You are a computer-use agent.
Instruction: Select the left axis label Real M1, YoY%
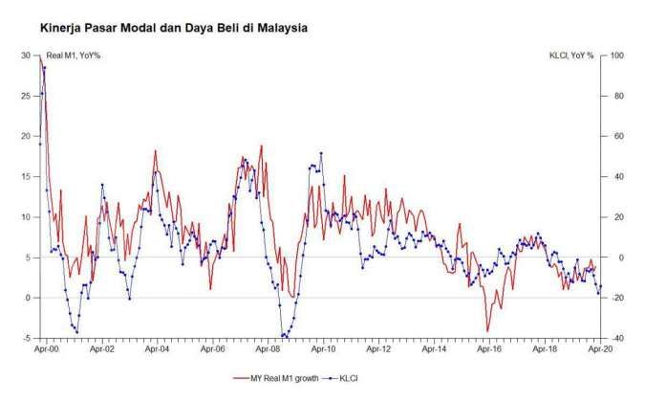pos(74,56)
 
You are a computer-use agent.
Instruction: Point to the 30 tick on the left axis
pos(25,56)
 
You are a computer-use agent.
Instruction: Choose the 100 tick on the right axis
pos(616,56)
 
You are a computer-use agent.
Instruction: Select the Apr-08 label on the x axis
pos(268,350)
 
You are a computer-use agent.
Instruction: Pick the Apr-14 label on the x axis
pos(434,350)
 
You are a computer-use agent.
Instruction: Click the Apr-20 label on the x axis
pos(599,350)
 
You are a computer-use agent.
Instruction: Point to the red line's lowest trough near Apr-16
pos(487,331)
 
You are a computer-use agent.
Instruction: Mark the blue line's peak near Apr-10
pos(321,153)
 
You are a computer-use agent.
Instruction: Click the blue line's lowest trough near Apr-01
pos(76,332)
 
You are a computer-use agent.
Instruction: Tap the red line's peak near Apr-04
pos(156,151)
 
